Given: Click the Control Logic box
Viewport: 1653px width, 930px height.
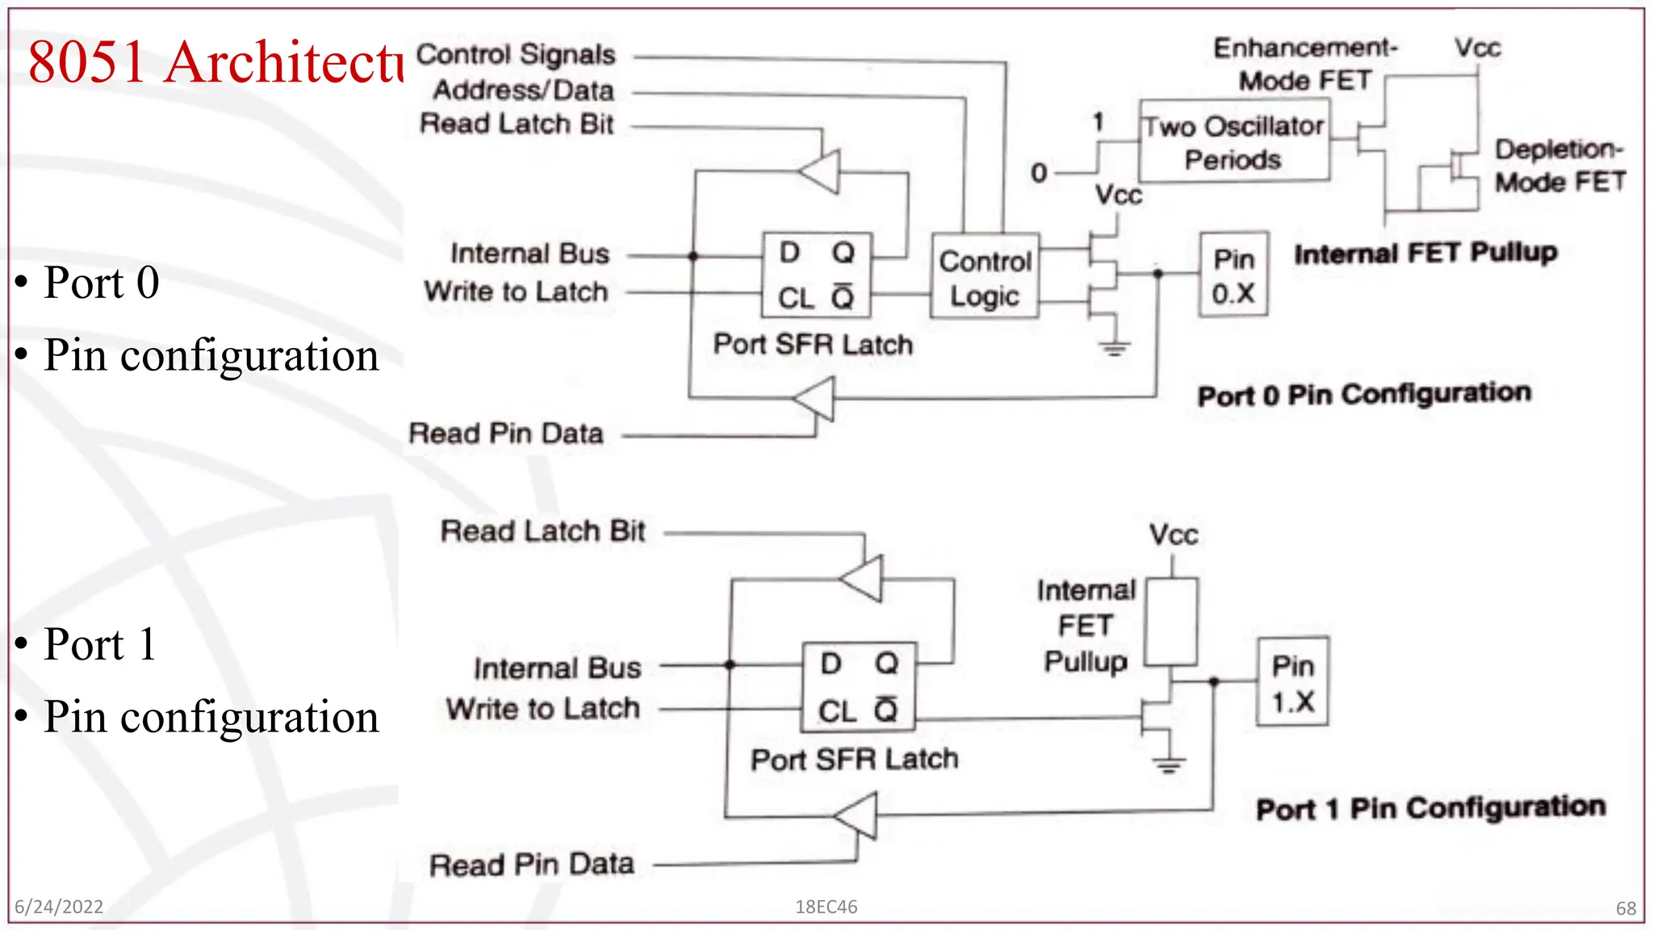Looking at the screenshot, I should tap(985, 276).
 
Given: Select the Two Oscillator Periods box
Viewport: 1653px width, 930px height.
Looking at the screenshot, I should tap(1233, 141).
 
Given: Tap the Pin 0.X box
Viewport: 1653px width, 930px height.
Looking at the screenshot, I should tap(1233, 274).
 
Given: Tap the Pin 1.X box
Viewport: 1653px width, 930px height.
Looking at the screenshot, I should tap(1293, 682).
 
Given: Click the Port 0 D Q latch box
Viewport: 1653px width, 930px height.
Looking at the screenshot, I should tap(817, 274).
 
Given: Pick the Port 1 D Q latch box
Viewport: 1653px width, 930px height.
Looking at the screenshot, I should tap(859, 687).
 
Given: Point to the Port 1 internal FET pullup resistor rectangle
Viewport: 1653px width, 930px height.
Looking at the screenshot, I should tap(1172, 622).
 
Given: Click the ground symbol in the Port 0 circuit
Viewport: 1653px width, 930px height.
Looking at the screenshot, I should tap(1115, 348).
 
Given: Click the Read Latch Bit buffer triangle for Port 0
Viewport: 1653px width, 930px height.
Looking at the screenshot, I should tap(822, 171).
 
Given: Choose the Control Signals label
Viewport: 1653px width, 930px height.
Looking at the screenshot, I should tap(516, 55).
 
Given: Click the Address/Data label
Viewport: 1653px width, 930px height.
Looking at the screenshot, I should tap(524, 90).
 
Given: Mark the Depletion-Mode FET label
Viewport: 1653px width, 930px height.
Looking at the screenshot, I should tap(1559, 165).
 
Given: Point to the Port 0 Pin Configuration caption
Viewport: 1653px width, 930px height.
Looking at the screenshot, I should tap(1364, 395).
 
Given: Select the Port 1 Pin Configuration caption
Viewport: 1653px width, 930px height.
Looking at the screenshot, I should tap(1430, 808).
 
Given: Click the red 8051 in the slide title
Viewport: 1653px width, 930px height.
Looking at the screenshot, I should tap(87, 62).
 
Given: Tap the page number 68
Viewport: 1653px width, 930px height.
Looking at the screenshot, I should tap(1626, 908).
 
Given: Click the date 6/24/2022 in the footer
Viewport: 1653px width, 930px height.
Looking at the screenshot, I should tap(59, 907).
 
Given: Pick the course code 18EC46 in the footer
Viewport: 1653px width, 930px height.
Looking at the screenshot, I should tap(826, 907).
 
